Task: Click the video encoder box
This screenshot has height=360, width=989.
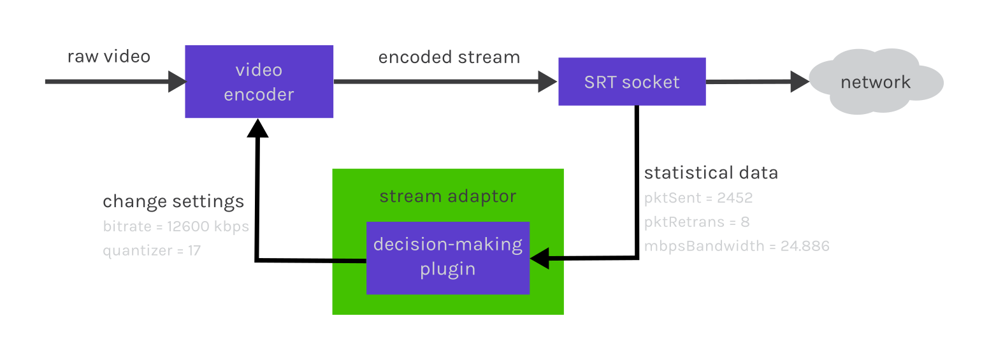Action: (259, 82)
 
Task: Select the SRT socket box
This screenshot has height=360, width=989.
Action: (632, 82)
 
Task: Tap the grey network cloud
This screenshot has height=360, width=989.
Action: (876, 82)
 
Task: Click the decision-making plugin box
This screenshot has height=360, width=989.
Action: (448, 258)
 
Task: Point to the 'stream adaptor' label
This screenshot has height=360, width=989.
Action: (448, 196)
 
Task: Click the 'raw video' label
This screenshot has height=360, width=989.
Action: (109, 57)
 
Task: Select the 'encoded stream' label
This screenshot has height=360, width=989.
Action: (449, 57)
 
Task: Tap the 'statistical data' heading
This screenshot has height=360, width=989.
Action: (711, 172)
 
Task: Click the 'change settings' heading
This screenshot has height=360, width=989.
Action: (173, 202)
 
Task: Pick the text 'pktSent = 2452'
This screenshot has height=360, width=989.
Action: (698, 198)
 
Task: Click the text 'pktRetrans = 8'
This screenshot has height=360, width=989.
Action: (697, 222)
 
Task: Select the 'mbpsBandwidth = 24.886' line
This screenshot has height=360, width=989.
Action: (737, 246)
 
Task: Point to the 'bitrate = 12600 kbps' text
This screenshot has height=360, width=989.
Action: (176, 227)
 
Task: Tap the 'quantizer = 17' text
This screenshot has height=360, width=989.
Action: (152, 251)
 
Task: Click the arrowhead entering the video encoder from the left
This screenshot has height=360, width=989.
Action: (178, 82)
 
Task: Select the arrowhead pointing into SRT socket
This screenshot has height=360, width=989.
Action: (547, 82)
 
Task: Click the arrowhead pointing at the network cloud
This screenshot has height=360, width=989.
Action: (800, 82)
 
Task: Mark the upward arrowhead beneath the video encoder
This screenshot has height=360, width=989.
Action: (258, 128)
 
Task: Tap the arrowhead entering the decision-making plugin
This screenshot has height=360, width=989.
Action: (540, 259)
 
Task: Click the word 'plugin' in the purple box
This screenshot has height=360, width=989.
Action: (448, 270)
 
